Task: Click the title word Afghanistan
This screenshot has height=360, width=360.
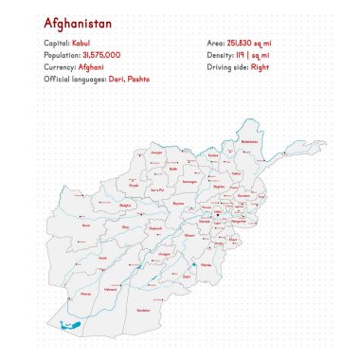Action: (77, 22)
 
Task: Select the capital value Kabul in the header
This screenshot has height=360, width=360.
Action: (81, 45)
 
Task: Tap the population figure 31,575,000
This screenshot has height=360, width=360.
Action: (100, 56)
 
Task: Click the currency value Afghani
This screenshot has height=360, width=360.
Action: (91, 68)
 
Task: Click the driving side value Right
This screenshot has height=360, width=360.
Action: (261, 68)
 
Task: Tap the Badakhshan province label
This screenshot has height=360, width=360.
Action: (249, 141)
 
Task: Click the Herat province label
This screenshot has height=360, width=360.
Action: (85, 225)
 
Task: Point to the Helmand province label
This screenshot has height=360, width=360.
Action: (110, 288)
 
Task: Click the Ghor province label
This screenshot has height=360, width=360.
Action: (126, 227)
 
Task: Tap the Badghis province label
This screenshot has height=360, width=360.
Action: (124, 204)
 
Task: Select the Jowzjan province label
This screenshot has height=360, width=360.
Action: (157, 152)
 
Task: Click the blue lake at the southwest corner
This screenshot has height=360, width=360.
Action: (69, 327)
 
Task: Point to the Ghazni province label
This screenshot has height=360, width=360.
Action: (189, 234)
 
